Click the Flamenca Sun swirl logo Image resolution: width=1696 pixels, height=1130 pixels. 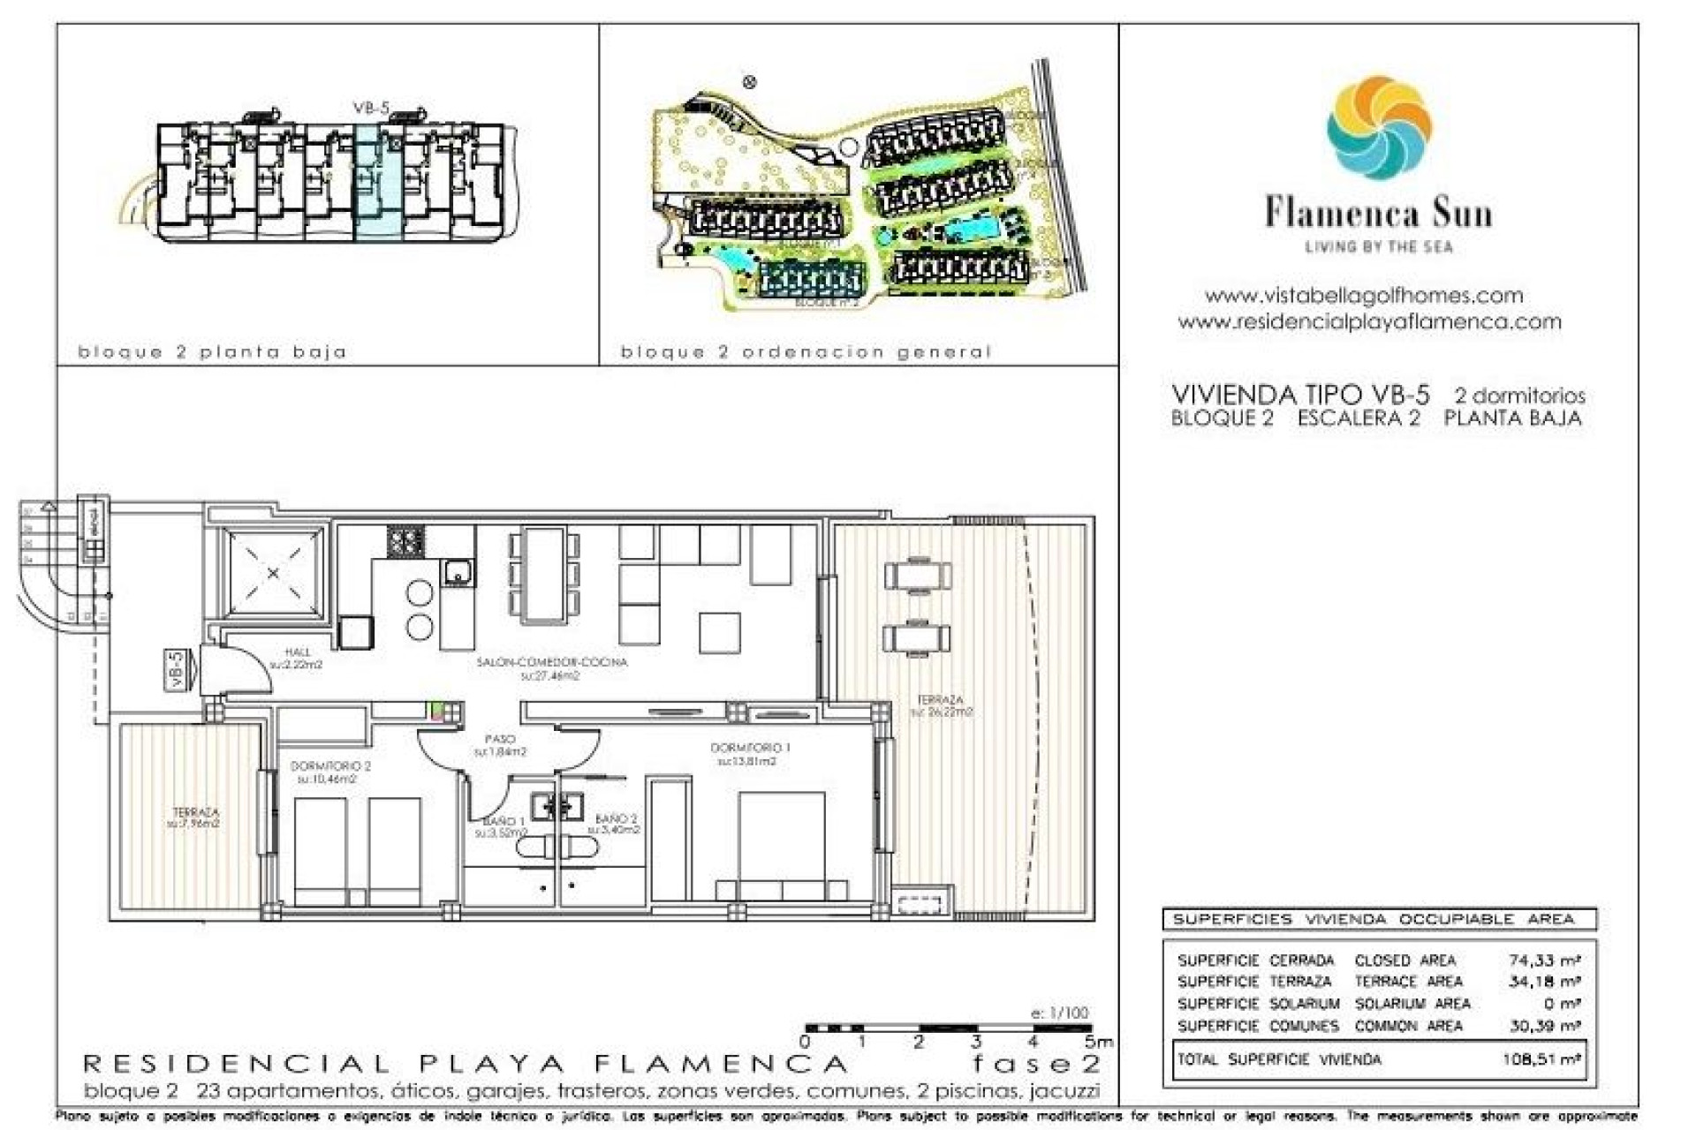point(1378,127)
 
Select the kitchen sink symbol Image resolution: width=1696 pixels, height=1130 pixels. point(458,574)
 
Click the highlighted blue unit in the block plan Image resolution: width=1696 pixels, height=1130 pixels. point(379,182)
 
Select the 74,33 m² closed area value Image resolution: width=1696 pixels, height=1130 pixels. point(1543,960)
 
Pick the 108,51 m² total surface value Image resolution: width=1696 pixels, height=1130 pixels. point(1541,1059)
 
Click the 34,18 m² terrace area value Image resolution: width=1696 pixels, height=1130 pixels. point(1543,982)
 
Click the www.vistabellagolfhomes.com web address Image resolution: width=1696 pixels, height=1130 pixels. point(1364,296)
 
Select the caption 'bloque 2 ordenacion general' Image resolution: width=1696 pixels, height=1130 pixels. point(806,352)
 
